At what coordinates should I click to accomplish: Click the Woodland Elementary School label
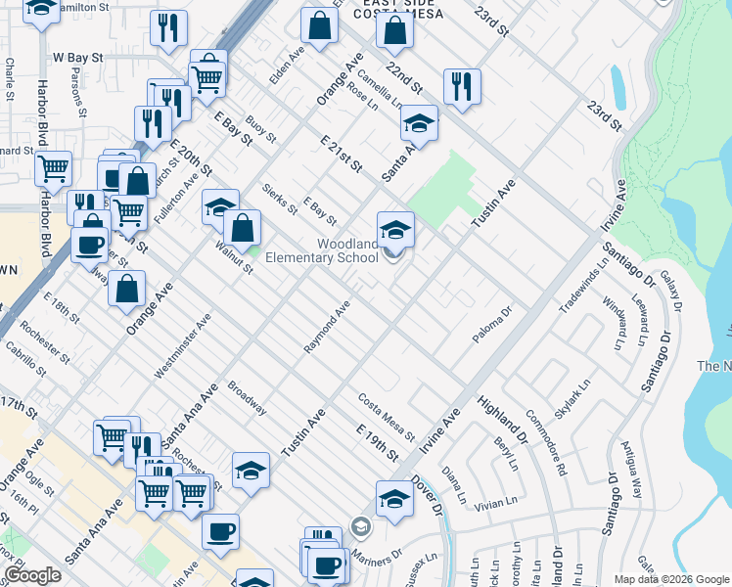(346, 251)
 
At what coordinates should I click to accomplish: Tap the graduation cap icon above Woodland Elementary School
(395, 229)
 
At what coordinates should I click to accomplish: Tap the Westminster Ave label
(182, 347)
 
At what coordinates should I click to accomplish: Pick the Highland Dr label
(502, 417)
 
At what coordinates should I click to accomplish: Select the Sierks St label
(280, 200)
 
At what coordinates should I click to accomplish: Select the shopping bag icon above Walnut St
(242, 228)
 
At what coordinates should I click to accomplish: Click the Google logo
(32, 575)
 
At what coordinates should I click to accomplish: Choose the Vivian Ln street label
(494, 503)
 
